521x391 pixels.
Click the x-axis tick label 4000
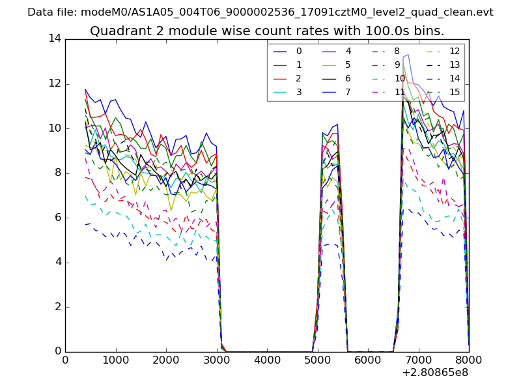click(267, 359)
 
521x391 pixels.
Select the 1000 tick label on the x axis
click(115, 359)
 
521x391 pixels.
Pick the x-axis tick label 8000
click(469, 359)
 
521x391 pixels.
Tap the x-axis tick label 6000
click(368, 359)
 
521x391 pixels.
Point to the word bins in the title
click(429, 31)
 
